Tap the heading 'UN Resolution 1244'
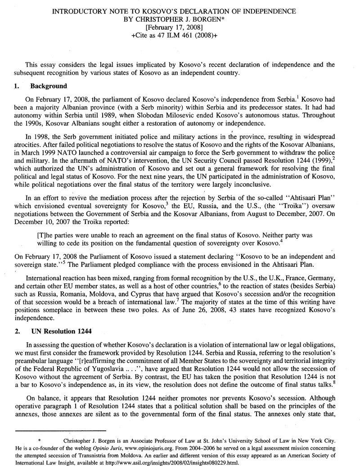(x=61, y=331)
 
